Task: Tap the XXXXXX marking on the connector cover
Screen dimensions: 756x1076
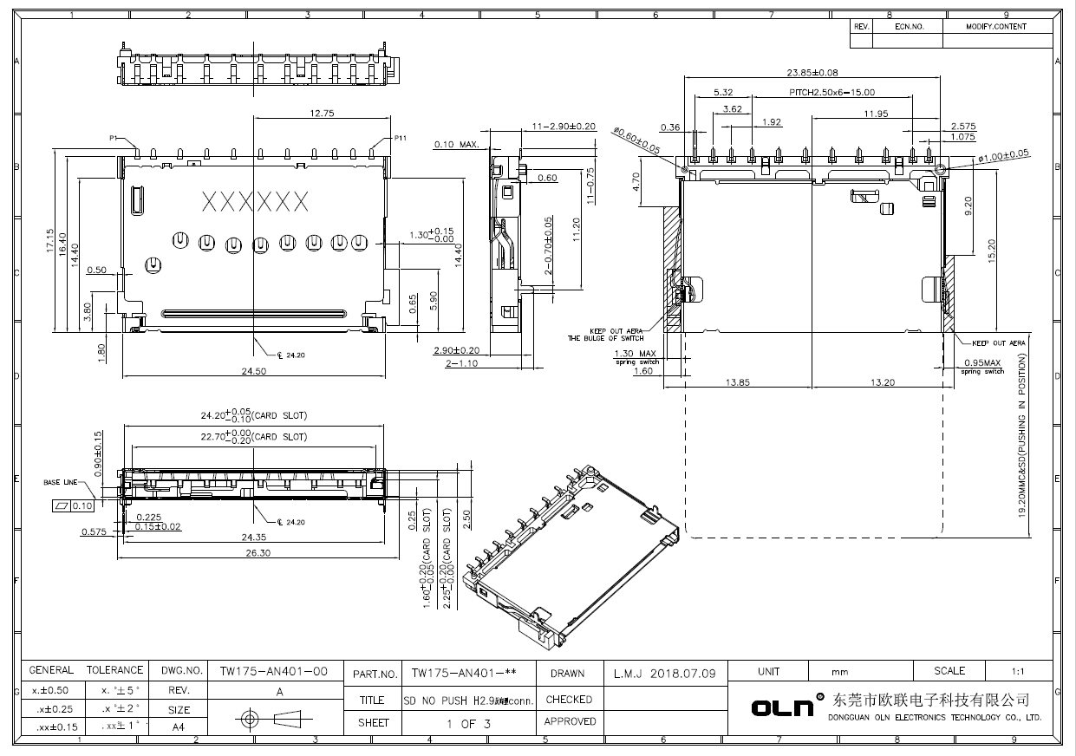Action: coord(255,202)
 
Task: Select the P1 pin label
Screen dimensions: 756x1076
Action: coord(114,139)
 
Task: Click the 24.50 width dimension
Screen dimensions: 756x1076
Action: coord(253,371)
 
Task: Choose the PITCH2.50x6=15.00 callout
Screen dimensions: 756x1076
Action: coord(831,92)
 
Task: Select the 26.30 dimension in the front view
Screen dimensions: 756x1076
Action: coord(253,552)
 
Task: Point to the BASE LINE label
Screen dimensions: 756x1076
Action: coord(61,482)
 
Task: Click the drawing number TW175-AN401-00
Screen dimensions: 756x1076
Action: coord(273,671)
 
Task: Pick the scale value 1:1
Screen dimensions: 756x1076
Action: coord(1018,671)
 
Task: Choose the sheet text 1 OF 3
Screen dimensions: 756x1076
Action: coord(469,723)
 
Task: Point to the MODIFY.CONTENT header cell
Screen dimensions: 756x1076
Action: coord(995,27)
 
